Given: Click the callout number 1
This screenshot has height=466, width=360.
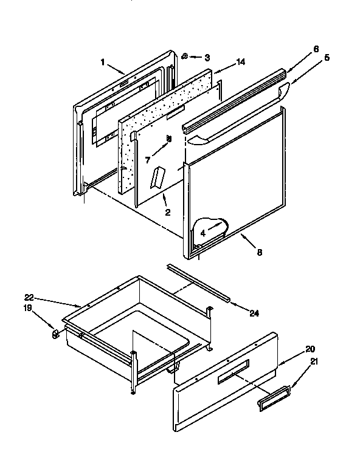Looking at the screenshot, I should click(103, 61).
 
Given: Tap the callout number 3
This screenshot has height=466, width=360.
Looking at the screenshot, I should click(207, 58).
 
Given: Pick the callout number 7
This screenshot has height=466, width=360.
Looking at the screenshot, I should click(148, 159).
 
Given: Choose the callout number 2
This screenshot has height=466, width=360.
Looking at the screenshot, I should click(167, 213).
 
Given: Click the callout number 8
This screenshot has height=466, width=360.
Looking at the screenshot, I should click(259, 252).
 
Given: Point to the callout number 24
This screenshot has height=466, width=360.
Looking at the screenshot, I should click(254, 313).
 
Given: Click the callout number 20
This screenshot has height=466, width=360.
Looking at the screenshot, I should click(310, 349).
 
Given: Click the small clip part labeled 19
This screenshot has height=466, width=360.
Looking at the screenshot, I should click(55, 334).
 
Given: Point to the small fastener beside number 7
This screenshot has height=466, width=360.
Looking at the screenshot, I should click(169, 139).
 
